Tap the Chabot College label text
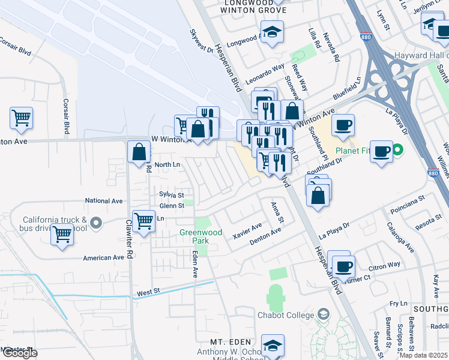point(286,315)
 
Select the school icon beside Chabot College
point(324,314)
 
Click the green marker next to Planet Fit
point(397,151)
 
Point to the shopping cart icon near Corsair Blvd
point(22,117)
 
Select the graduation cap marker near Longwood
point(272,32)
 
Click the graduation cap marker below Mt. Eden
point(273,346)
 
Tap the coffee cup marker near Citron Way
point(343,266)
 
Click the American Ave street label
point(103,257)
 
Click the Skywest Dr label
point(202,41)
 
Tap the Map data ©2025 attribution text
point(421,355)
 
